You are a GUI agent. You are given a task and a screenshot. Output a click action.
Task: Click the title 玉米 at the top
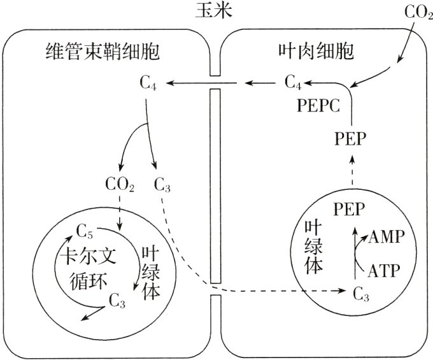pyautogui.click(x=216, y=11)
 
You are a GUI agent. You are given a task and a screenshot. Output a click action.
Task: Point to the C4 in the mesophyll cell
pyautogui.click(x=294, y=82)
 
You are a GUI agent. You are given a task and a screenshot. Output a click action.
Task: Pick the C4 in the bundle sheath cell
pyautogui.click(x=147, y=82)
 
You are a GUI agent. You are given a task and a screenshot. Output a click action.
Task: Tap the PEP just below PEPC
pyautogui.click(x=350, y=139)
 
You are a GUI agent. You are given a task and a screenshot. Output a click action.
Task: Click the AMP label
pyautogui.click(x=386, y=238)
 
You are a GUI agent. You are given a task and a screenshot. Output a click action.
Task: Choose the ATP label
pyautogui.click(x=384, y=271)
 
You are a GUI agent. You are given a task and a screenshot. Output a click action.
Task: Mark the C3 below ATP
pyautogui.click(x=360, y=294)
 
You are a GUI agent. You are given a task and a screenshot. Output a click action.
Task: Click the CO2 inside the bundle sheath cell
pyautogui.click(x=119, y=187)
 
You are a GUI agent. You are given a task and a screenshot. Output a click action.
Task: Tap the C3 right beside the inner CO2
pyautogui.click(x=162, y=187)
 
